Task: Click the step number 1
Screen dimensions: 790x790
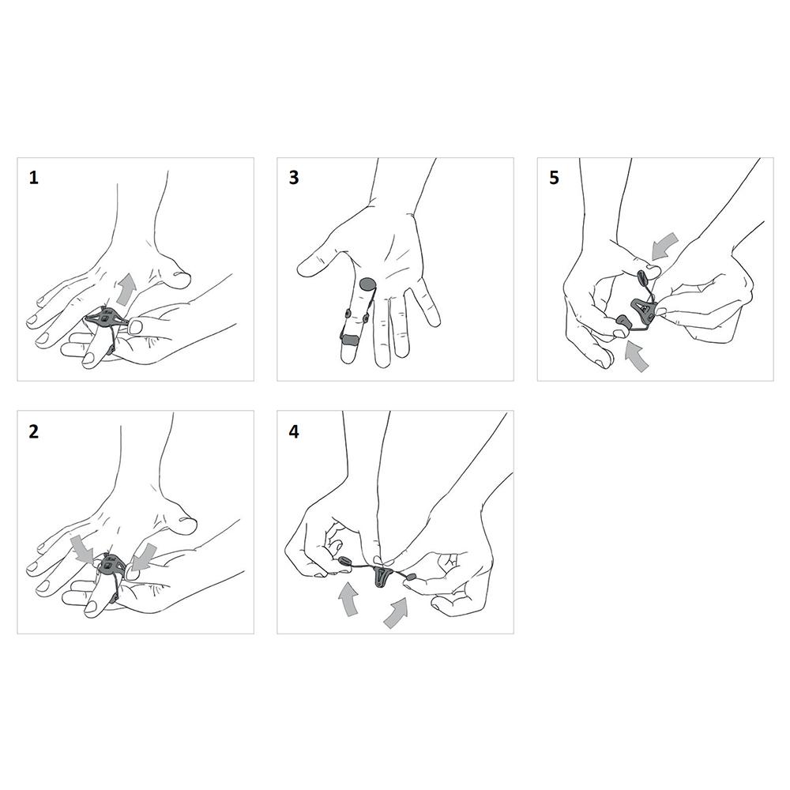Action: [x=34, y=178]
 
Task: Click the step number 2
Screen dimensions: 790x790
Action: [x=34, y=432]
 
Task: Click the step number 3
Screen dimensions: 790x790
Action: [x=294, y=178]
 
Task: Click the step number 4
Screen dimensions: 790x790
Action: [x=294, y=432]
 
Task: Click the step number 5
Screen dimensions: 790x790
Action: [x=555, y=178]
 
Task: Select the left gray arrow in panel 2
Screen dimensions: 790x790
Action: [x=81, y=549]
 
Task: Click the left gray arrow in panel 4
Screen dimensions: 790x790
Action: [x=348, y=598]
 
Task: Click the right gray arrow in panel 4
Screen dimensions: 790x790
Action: [x=396, y=613]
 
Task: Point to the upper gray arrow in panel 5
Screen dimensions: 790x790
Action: [x=665, y=246]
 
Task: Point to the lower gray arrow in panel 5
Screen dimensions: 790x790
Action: [x=636, y=355]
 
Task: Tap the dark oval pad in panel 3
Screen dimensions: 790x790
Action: [x=368, y=284]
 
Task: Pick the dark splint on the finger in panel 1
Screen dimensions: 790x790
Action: [x=107, y=318]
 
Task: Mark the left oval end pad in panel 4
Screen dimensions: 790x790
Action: [x=346, y=560]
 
